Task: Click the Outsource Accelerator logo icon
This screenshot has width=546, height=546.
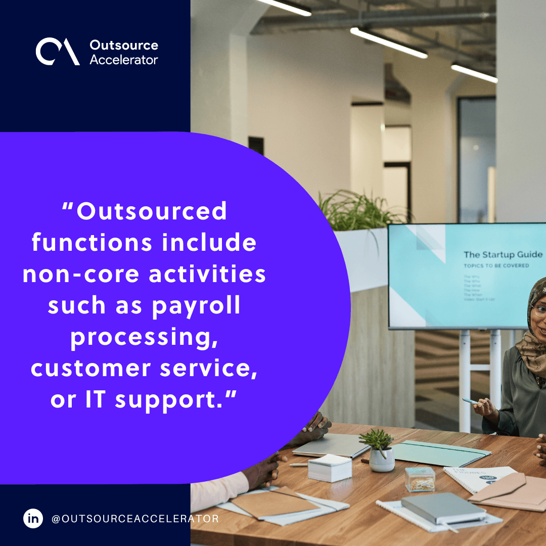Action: [57, 52]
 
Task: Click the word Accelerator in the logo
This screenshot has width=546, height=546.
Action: [124, 60]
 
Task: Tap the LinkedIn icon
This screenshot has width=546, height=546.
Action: [33, 519]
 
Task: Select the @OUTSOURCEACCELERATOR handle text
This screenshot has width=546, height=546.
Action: [135, 519]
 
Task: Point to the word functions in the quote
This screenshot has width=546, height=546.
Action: [92, 242]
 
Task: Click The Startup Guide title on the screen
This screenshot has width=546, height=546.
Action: [503, 254]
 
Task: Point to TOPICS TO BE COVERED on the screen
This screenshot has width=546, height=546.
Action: [496, 265]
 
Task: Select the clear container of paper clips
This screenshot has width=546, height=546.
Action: [420, 478]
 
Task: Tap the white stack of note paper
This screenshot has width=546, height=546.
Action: [330, 467]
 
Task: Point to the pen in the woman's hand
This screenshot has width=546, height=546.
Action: [470, 401]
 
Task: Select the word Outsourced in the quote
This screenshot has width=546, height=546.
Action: [152, 211]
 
